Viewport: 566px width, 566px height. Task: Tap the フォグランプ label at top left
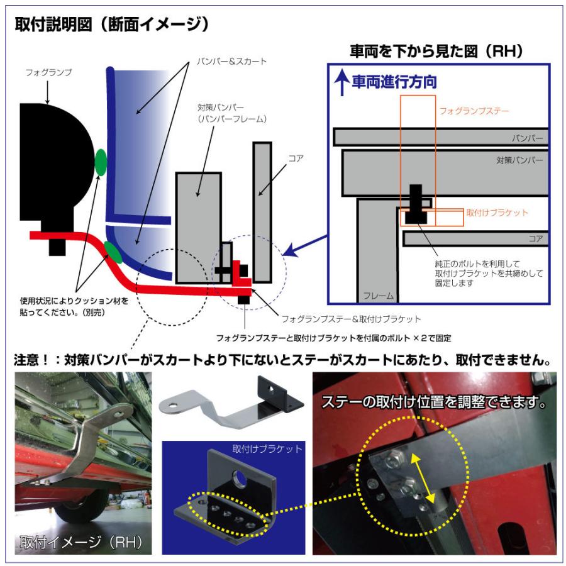[x=48, y=73]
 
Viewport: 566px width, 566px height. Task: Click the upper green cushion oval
[x=101, y=162]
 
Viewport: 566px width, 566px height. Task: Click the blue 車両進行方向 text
[x=394, y=82]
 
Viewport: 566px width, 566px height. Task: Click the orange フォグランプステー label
[x=474, y=111]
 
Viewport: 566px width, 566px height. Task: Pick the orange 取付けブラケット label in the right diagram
[x=497, y=213]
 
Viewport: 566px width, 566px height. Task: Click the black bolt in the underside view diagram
[x=416, y=205]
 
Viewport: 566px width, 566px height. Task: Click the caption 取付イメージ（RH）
[x=81, y=542]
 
